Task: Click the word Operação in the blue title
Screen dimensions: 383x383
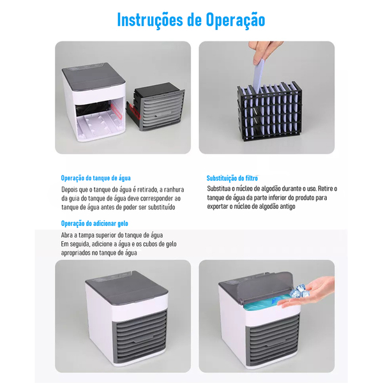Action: [x=234, y=19]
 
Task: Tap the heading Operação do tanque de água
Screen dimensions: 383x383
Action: [x=96, y=178]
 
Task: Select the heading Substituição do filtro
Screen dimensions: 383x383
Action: [x=232, y=178]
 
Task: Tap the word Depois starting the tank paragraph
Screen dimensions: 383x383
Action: [x=72, y=189]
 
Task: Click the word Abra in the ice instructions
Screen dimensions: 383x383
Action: [x=68, y=235]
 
